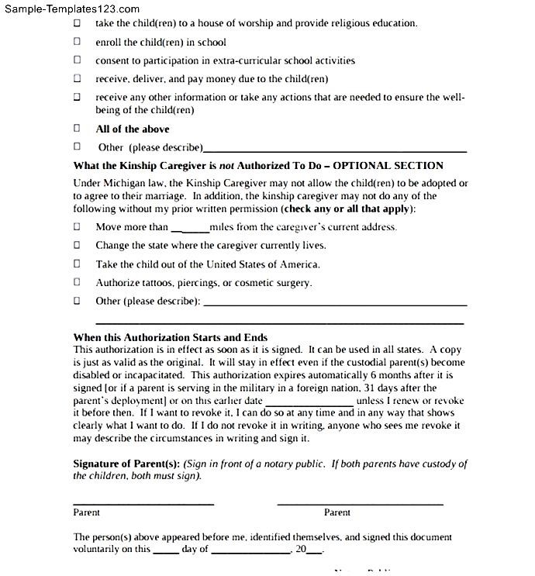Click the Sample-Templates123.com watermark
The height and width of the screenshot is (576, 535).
71,9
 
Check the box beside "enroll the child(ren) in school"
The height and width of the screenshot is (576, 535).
77,42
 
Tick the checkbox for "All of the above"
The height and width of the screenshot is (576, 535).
77,128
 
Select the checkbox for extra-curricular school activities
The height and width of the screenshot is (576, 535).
77,60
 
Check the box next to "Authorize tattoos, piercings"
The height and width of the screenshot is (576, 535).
77,282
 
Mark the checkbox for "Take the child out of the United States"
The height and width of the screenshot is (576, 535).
77,264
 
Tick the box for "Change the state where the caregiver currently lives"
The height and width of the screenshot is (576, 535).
77,245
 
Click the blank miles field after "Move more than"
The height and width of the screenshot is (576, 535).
189,228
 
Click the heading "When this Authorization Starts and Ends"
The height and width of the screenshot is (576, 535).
170,337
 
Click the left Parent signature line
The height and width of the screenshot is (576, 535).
143,503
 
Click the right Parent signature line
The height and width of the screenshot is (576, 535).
360,503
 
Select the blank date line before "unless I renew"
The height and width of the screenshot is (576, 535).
309,402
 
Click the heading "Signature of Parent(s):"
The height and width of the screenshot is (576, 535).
126,464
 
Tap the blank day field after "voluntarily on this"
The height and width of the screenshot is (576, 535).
165,550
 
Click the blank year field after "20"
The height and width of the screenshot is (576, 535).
314,550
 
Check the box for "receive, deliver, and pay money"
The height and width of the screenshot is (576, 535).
77,78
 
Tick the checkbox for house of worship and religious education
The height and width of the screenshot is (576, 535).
77,23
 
